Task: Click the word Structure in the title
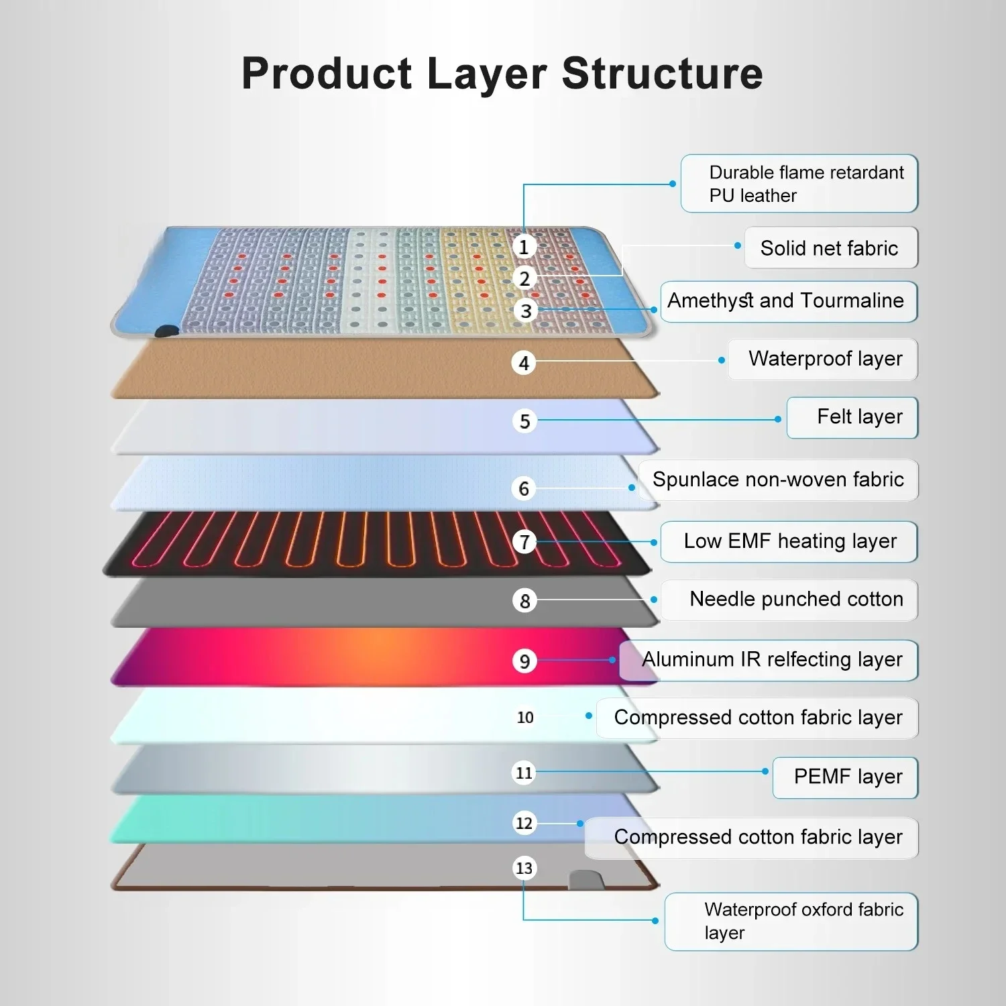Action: (x=662, y=73)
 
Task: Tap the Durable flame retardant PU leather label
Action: (x=799, y=184)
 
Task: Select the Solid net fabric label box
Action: (x=831, y=248)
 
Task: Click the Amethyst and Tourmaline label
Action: (x=789, y=301)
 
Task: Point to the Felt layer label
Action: (x=852, y=417)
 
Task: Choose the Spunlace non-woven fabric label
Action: (x=778, y=480)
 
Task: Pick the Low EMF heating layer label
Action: (x=789, y=541)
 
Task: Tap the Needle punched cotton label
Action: (x=789, y=600)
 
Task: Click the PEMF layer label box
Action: (x=846, y=777)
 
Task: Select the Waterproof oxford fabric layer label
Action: (x=791, y=921)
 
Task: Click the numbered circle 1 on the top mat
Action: (x=524, y=247)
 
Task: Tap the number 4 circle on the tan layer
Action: (x=524, y=363)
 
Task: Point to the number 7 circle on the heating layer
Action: (x=524, y=541)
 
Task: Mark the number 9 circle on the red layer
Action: (x=524, y=661)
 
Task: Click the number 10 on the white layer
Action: (x=525, y=717)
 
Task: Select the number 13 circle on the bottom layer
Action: (x=524, y=868)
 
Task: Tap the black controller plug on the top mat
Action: (x=167, y=331)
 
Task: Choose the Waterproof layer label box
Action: (x=823, y=359)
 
